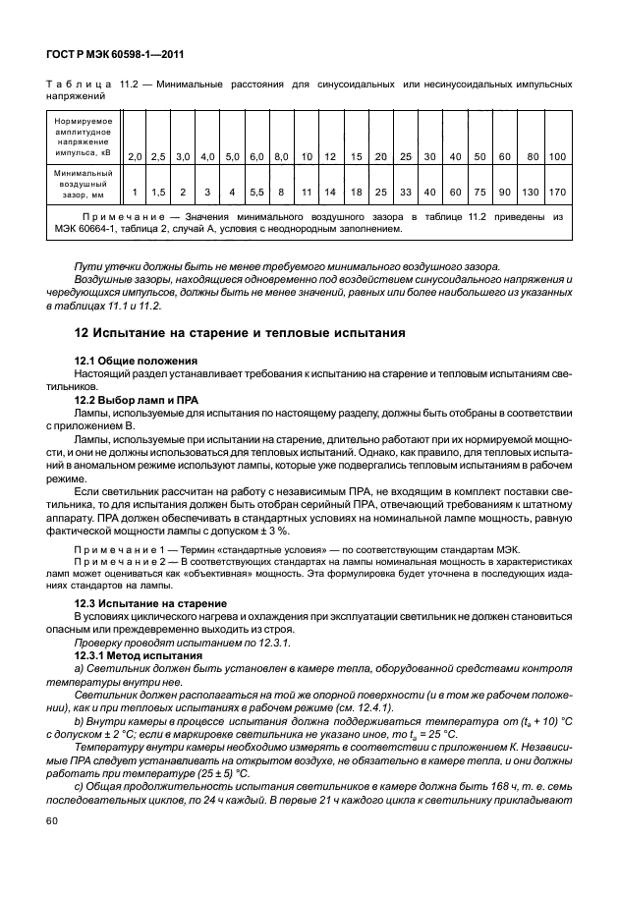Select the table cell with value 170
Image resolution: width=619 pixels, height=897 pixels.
pyautogui.click(x=556, y=192)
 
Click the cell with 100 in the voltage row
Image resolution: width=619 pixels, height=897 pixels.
pyautogui.click(x=556, y=156)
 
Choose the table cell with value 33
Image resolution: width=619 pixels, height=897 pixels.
pyautogui.click(x=405, y=192)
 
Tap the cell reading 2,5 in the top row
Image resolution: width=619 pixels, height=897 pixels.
pyautogui.click(x=159, y=156)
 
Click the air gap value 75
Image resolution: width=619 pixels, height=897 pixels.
pyautogui.click(x=479, y=192)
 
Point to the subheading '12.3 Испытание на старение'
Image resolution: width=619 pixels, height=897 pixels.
pyautogui.click(x=150, y=601)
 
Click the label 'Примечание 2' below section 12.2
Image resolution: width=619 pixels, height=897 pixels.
pyautogui.click(x=124, y=560)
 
